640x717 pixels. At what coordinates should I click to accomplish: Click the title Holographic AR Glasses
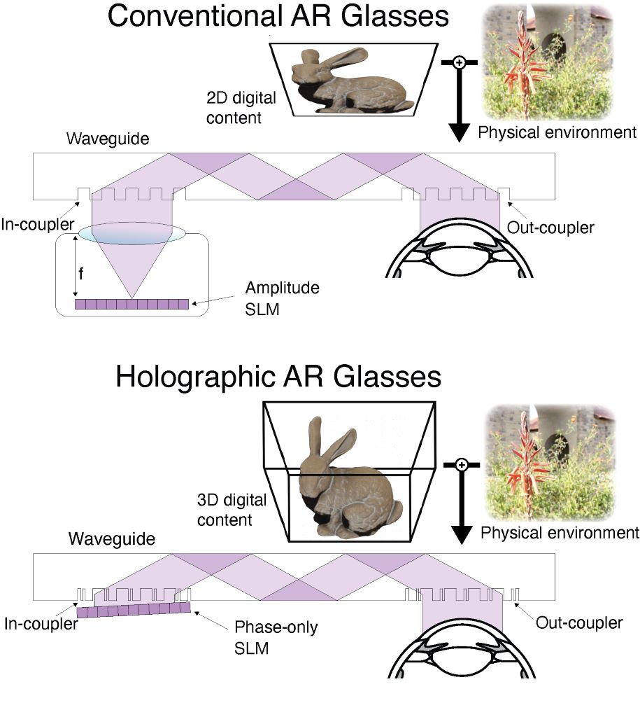pyautogui.click(x=278, y=376)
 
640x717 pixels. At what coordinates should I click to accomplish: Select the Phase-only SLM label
pyautogui.click(x=276, y=637)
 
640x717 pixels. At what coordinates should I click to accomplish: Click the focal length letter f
pyautogui.click(x=81, y=274)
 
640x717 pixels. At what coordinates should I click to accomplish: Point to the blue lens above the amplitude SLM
pyautogui.click(x=132, y=234)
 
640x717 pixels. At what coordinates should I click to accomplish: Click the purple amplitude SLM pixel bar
pyautogui.click(x=132, y=305)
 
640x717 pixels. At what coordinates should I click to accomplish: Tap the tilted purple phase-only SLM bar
pyautogui.click(x=134, y=609)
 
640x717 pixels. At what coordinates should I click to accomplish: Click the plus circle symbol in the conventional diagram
pyautogui.click(x=460, y=62)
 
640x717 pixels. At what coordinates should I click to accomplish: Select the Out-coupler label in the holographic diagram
pyautogui.click(x=578, y=622)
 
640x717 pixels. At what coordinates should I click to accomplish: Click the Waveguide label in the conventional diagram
pyautogui.click(x=99, y=139)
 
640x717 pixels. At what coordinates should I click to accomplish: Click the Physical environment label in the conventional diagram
pyautogui.click(x=557, y=132)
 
